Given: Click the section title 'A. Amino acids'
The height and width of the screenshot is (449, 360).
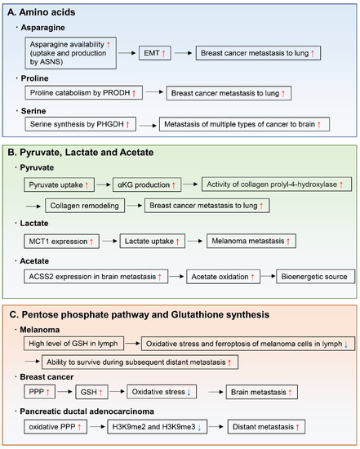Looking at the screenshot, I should tap(51, 10).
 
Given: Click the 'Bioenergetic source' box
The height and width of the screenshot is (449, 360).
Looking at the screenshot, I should tap(314, 278).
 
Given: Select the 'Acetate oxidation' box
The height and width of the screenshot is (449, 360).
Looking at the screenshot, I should tap(225, 278).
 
